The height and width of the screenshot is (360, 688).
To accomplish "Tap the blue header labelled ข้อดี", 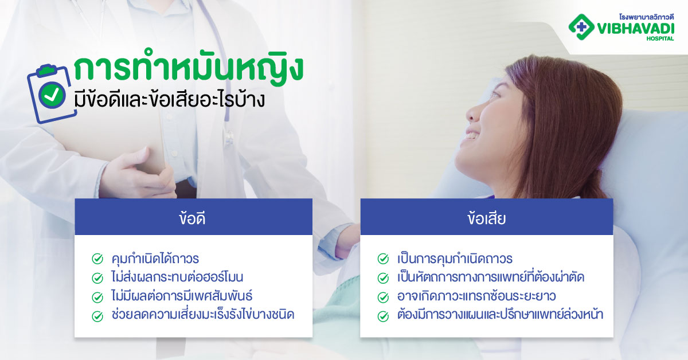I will pyautogui.click(x=193, y=217).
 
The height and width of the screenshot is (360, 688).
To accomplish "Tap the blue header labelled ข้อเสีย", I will pyautogui.click(x=486, y=217).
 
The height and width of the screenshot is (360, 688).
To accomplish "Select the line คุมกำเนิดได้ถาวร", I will pyautogui.click(x=155, y=259).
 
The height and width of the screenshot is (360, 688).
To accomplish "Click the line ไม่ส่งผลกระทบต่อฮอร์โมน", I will pyautogui.click(x=177, y=277).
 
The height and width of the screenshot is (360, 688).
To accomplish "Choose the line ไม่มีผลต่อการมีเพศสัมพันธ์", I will pyautogui.click(x=182, y=296).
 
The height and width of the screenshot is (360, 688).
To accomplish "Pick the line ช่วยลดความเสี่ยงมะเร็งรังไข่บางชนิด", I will pyautogui.click(x=202, y=315).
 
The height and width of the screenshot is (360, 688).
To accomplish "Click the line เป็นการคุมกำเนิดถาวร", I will pyautogui.click(x=455, y=259).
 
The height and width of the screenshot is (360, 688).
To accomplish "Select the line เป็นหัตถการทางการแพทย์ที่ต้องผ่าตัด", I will pyautogui.click(x=491, y=277).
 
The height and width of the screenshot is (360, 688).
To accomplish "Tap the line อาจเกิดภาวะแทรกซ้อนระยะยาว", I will pyautogui.click(x=476, y=296).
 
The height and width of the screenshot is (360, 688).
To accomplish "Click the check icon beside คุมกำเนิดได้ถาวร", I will pyautogui.click(x=97, y=259).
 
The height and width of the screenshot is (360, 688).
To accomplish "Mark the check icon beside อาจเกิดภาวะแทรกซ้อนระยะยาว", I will pyautogui.click(x=383, y=297).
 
